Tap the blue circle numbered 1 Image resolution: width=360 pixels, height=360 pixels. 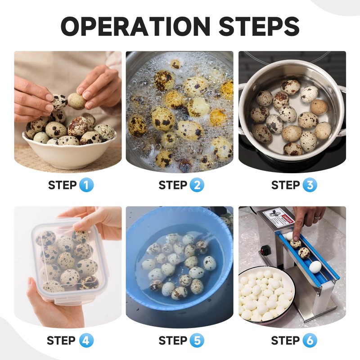86,185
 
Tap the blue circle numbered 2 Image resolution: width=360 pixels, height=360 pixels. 197,185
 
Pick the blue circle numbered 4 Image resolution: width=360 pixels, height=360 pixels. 86,340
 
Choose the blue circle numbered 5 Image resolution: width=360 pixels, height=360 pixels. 197,340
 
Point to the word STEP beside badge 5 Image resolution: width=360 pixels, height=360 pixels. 173,341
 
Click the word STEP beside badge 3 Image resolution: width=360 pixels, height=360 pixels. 286,185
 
